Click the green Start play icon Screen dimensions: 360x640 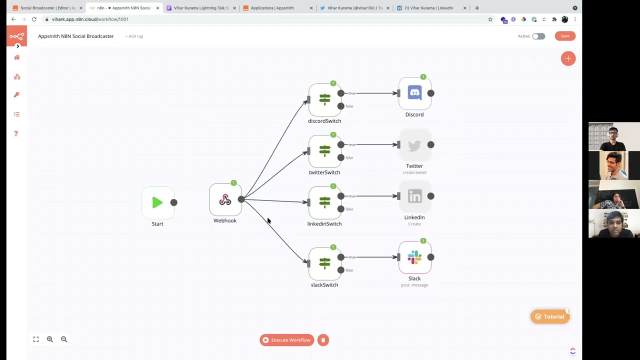tap(157, 202)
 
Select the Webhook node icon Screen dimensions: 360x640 tap(225, 200)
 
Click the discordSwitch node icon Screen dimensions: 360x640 tap(324, 99)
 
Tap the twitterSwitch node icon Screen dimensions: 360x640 tap(324, 151)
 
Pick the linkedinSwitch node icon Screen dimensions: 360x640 tap(324, 202)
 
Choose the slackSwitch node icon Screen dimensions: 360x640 tap(324, 263)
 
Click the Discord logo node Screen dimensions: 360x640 tap(414, 93)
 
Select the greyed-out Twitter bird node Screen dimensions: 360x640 tap(414, 145)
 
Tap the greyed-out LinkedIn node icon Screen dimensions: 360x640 tap(414, 196)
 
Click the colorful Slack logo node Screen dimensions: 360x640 tap(414, 257)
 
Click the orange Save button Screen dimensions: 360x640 tap(565, 36)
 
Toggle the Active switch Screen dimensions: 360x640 tap(538, 36)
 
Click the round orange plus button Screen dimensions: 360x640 tap(568, 58)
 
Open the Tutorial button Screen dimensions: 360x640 tap(550, 316)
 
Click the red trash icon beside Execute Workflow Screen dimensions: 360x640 tap(323, 340)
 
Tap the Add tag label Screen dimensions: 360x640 tap(134, 36)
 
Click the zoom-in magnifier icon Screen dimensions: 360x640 tap(50, 339)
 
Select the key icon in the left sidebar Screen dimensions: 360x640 tap(16, 95)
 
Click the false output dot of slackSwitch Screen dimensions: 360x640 tap(341, 270)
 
